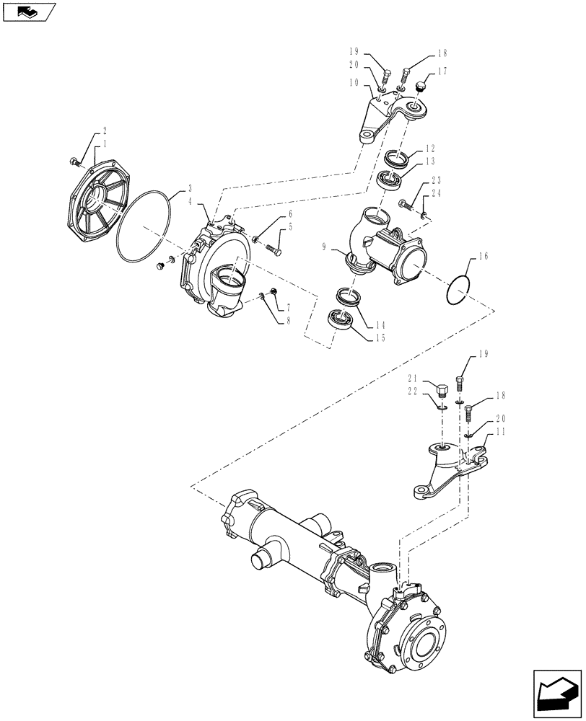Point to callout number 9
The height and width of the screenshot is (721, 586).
tap(327, 247)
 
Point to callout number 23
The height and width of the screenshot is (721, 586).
tap(437, 180)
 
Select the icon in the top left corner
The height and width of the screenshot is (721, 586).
tap(29, 12)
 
